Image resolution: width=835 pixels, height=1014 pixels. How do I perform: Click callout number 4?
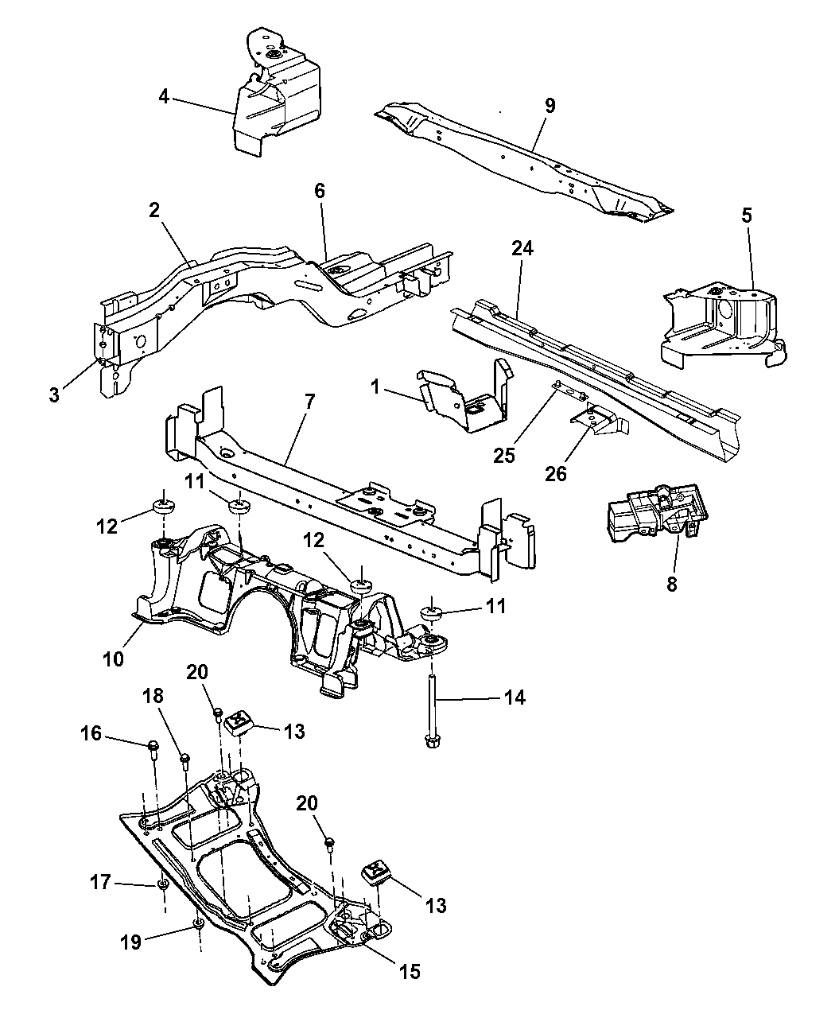[x=163, y=97]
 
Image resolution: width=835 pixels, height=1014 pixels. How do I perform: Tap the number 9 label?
[x=550, y=107]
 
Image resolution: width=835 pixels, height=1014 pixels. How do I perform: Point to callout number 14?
[x=515, y=697]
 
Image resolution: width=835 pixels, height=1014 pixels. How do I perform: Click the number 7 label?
[x=309, y=401]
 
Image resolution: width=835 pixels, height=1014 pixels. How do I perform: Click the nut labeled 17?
[x=161, y=884]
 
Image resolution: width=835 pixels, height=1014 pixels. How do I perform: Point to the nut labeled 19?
[x=198, y=925]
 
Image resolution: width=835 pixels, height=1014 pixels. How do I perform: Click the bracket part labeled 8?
[x=652, y=515]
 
